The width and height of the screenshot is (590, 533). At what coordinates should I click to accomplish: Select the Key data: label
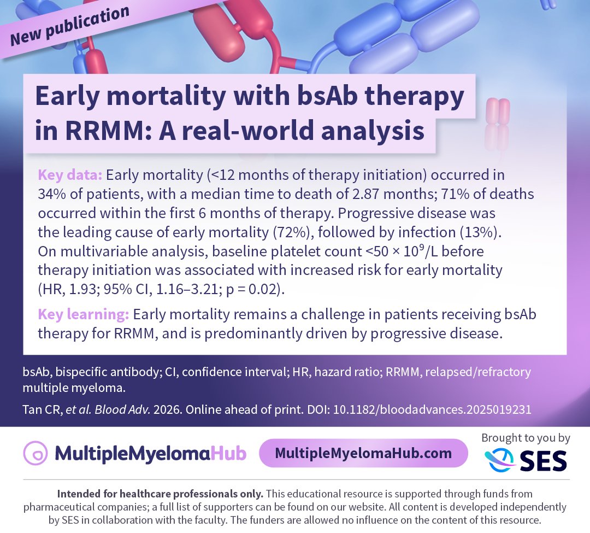[x=70, y=175]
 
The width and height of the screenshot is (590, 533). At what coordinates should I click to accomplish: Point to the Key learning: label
[x=83, y=315]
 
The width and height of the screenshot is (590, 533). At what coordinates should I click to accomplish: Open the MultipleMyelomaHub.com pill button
[x=363, y=453]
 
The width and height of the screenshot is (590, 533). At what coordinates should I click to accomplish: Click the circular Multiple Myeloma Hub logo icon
[x=36, y=453]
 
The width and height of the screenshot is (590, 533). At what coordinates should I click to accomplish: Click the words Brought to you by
[x=526, y=438]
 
